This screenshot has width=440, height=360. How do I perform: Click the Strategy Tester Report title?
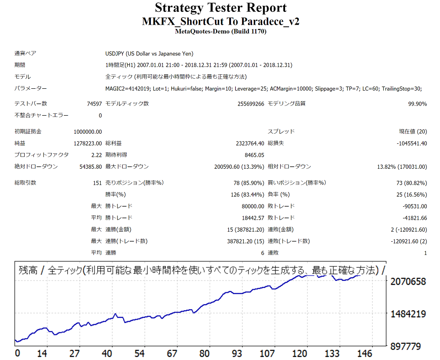click(x=220, y=8)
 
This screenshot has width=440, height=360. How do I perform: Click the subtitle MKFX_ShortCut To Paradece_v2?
click(x=220, y=22)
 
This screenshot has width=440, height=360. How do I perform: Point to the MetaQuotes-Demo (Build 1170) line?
click(x=220, y=31)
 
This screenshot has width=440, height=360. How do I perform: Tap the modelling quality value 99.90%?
click(x=417, y=104)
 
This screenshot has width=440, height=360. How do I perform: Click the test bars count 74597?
click(x=94, y=104)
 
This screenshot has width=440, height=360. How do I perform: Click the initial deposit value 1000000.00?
click(x=88, y=131)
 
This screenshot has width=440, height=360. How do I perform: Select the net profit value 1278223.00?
click(x=88, y=143)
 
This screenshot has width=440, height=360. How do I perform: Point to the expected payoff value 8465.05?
click(x=254, y=155)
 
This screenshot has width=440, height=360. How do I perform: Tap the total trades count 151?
click(x=97, y=183)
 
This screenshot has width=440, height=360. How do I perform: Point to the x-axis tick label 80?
click(x=204, y=353)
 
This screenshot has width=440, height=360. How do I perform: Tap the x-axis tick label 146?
click(x=365, y=353)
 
